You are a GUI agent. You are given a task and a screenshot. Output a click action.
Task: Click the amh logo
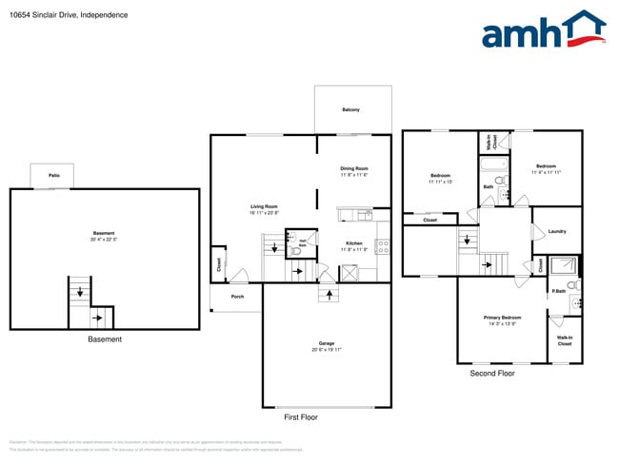[543, 30]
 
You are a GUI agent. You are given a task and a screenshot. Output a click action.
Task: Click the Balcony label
[351, 110]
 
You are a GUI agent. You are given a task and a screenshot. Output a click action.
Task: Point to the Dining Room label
[354, 168]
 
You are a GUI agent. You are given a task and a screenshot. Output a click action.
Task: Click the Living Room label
[264, 206]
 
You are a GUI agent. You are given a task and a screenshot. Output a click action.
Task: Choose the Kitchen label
[353, 243]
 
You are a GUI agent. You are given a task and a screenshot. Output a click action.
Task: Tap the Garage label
[327, 343]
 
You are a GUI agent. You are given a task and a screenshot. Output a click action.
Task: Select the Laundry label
[557, 231]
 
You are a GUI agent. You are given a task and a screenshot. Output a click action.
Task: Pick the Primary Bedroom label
[502, 318]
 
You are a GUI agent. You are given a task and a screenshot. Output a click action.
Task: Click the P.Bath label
[558, 291]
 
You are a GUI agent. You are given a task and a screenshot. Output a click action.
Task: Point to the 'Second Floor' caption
[492, 374]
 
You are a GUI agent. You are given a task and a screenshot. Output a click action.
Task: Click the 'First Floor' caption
[301, 417]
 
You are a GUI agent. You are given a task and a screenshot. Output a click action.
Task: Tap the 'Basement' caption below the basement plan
[104, 339]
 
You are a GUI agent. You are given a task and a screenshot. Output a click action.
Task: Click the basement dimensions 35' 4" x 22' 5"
[104, 240]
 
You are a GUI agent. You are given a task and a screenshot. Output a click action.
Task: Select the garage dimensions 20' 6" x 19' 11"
[327, 350]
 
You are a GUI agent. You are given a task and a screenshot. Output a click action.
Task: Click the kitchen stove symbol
[383, 245]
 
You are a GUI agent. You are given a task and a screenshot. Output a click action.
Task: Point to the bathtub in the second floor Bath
[494, 166]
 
